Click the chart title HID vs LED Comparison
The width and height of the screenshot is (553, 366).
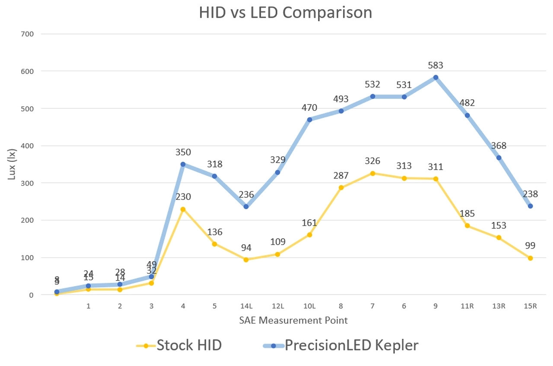click(285, 13)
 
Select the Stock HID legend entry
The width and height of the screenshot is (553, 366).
click(179, 345)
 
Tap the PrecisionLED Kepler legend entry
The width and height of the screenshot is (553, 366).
click(341, 345)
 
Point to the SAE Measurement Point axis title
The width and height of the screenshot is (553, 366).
click(293, 320)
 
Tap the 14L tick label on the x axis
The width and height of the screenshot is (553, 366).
click(246, 306)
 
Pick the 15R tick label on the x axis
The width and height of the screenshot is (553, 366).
click(530, 306)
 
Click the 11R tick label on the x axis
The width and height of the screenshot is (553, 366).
click(467, 306)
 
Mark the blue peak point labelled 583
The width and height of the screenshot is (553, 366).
click(435, 77)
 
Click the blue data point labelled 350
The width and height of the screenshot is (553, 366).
click(183, 164)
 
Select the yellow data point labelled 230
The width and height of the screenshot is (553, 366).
click(183, 209)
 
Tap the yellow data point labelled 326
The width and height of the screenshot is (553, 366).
click(372, 173)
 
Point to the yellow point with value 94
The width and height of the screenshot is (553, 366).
click(246, 260)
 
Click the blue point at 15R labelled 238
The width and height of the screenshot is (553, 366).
click(530, 206)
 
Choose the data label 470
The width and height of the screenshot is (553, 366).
click(309, 107)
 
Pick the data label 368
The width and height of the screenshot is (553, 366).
click(499, 145)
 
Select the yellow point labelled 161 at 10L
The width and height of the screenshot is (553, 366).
click(309, 235)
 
